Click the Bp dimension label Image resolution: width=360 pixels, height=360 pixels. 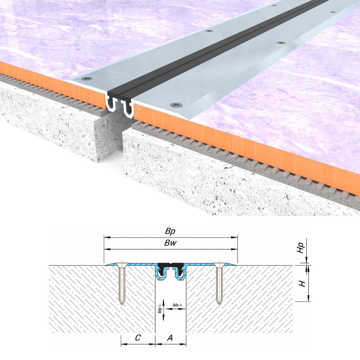[x=170, y=231]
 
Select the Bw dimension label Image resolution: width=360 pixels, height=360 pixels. [x=170, y=243]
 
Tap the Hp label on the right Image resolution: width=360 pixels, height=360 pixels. [x=301, y=248]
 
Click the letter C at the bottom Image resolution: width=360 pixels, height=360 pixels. [x=138, y=338]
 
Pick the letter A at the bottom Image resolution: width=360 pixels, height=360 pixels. [x=170, y=338]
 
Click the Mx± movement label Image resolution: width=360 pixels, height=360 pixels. [x=177, y=305]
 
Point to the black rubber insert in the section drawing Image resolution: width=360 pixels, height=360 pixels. [x=171, y=268]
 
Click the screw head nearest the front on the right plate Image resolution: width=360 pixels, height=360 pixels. [x=176, y=105]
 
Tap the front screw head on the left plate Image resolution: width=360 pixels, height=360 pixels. [x=87, y=78]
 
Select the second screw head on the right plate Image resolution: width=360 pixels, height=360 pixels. [x=281, y=43]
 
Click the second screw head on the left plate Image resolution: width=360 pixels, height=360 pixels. [x=209, y=31]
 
